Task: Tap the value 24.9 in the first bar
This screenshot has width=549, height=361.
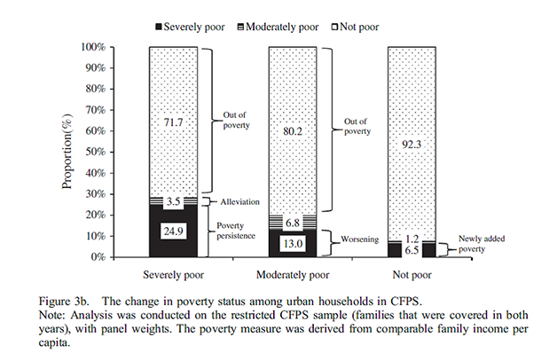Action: [x=173, y=230]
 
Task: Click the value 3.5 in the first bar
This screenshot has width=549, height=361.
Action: [x=173, y=202]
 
